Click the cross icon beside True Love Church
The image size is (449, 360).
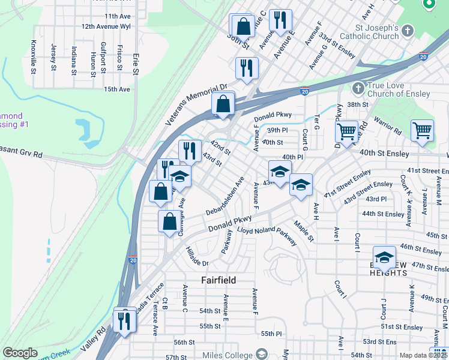358,88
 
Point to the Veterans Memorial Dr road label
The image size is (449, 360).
197,104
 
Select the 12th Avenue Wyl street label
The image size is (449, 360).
106,27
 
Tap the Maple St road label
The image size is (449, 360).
304,231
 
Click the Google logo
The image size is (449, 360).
20,353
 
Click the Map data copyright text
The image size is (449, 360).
423,355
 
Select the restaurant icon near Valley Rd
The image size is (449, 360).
125,319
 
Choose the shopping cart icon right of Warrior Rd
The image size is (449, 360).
423,130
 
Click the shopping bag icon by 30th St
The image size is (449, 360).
243,26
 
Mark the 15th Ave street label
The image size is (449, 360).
116,89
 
